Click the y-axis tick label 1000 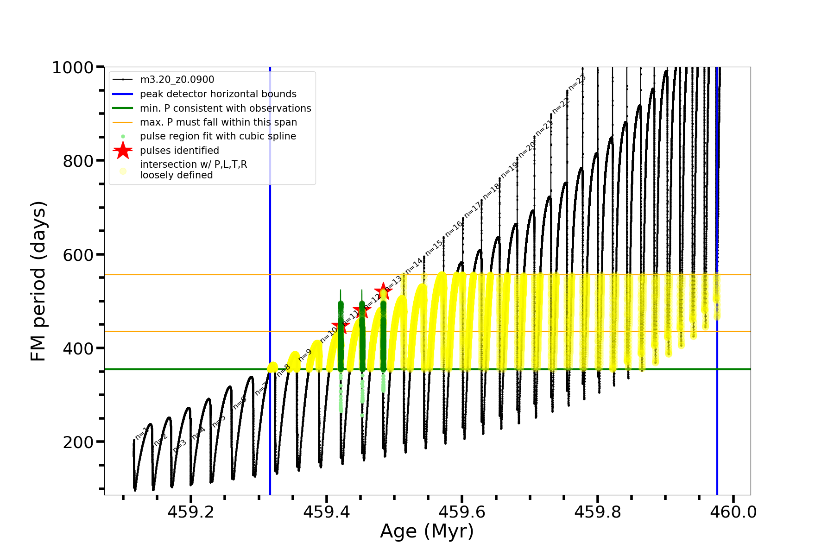73,68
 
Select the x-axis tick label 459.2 191,512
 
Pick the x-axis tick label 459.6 462,512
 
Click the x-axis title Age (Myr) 427,531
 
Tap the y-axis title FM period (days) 38,281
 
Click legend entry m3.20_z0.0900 177,80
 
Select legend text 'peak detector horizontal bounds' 218,94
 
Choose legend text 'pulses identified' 179,151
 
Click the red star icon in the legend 123,151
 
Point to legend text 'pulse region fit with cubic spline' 218,136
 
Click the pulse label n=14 414,265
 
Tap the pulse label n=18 491,191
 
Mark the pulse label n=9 305,355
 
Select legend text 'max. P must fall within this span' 218,122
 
